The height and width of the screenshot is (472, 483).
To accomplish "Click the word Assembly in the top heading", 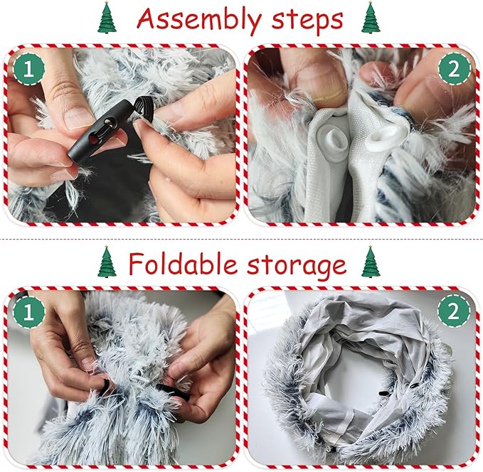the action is pyautogui.click(x=198, y=19).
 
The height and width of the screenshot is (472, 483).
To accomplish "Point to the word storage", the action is pyautogui.click(x=297, y=266).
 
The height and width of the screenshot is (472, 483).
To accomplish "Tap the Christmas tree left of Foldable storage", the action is pyautogui.click(x=107, y=262).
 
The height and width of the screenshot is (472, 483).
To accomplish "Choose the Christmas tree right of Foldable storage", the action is pyautogui.click(x=371, y=262).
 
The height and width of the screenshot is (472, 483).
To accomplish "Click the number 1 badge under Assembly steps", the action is pyautogui.click(x=28, y=69).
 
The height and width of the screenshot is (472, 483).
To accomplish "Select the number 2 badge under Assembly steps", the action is pyautogui.click(x=454, y=70).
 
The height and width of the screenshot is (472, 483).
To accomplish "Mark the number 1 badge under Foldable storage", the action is pyautogui.click(x=28, y=312).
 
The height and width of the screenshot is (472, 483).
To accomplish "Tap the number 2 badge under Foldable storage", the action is pyautogui.click(x=454, y=312).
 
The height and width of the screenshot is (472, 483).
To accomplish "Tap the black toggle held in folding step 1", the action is pyautogui.click(x=172, y=392).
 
